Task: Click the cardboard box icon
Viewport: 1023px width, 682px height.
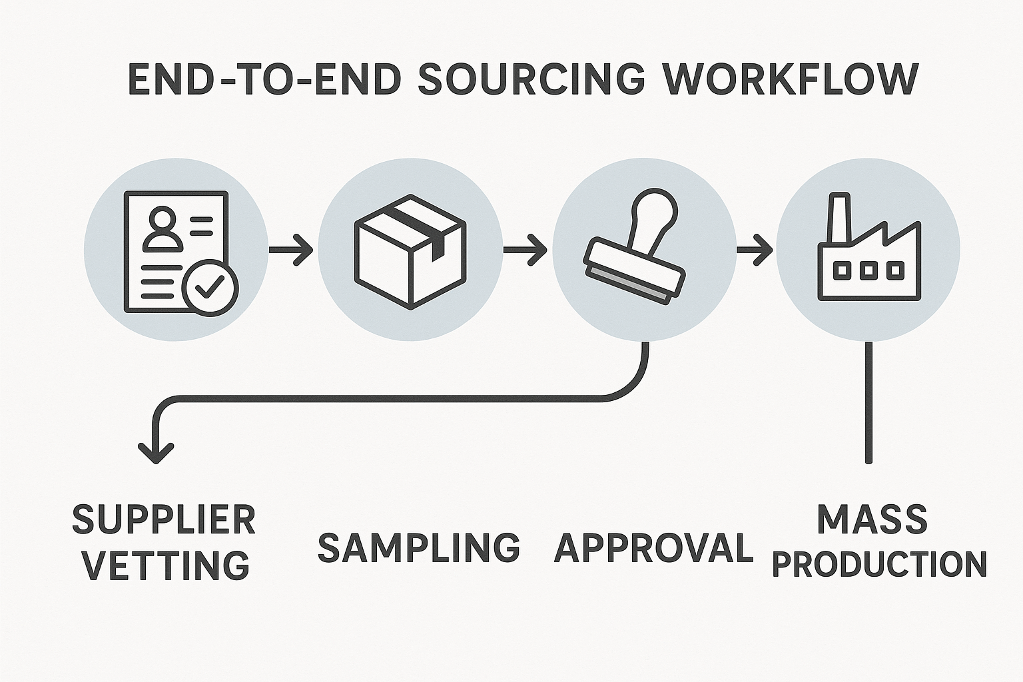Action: [x=410, y=251]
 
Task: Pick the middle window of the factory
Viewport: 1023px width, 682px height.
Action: [x=868, y=270]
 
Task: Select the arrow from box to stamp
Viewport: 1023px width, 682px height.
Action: [x=525, y=250]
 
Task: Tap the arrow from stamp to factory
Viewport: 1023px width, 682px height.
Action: [x=754, y=250]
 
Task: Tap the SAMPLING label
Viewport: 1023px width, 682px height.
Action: [x=418, y=547]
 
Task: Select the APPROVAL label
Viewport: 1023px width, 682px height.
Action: [x=653, y=547]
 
